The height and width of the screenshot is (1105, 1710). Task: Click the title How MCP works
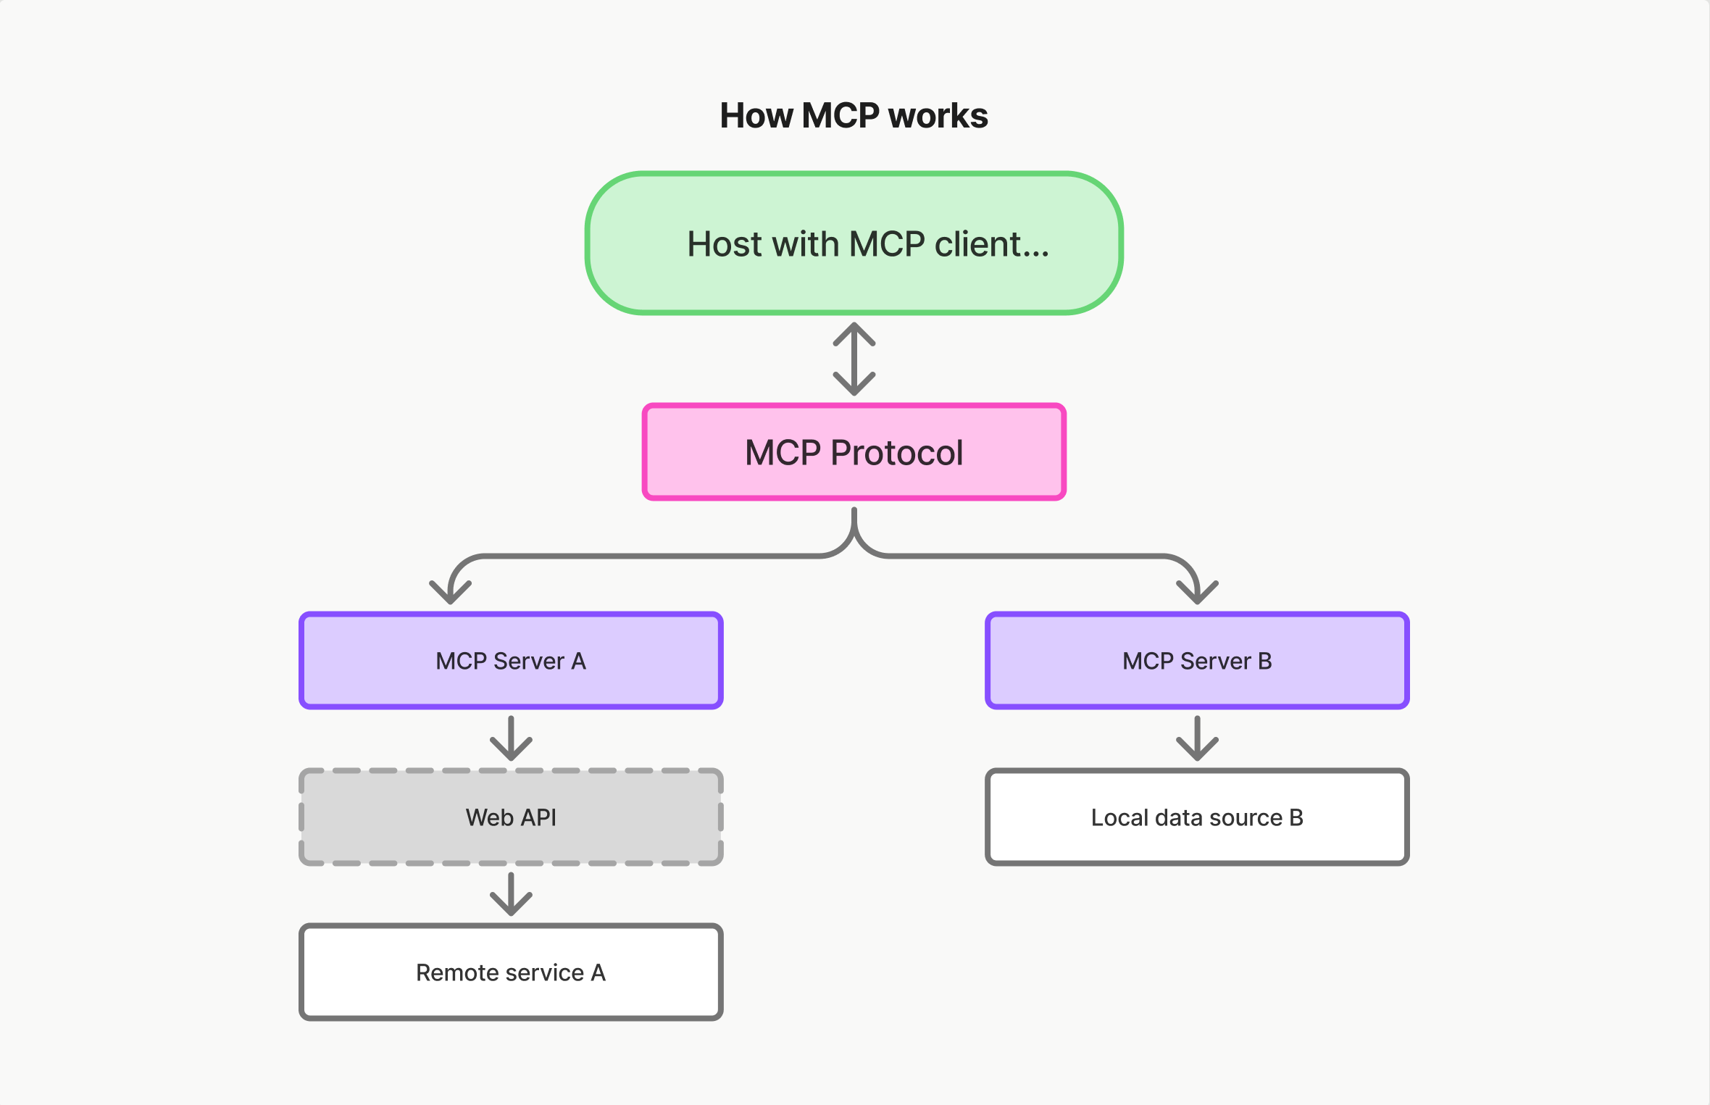[854, 116]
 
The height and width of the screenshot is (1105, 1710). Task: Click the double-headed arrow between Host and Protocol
[854, 359]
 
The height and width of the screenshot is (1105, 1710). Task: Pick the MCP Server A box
[511, 661]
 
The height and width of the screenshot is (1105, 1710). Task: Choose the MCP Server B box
[1197, 661]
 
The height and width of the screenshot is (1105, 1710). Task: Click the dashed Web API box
[511, 817]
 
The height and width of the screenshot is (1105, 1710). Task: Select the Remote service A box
[511, 972]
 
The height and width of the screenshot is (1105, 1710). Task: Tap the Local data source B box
[1197, 817]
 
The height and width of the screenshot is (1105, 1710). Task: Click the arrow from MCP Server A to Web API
[511, 739]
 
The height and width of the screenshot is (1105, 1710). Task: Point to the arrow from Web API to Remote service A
[511, 895]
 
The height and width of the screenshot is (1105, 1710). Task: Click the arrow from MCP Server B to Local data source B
[1197, 739]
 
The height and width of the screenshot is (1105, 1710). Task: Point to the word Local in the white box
[1119, 817]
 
